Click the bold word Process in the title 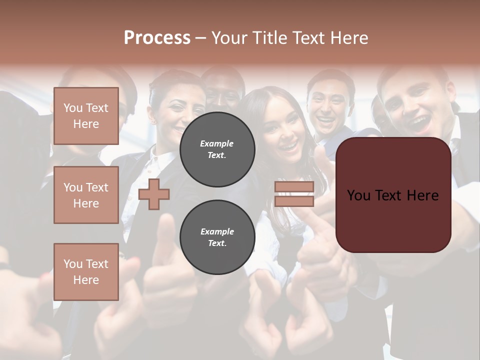(x=157, y=37)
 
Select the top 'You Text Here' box (x=86, y=116)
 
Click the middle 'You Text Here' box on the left (x=86, y=195)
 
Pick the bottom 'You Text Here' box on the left (x=86, y=271)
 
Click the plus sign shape (x=154, y=194)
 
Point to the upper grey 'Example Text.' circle (x=217, y=149)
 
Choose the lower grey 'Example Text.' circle (x=217, y=237)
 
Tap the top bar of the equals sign (x=294, y=187)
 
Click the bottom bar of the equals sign (x=294, y=201)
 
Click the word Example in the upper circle (x=217, y=143)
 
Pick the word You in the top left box (x=72, y=108)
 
